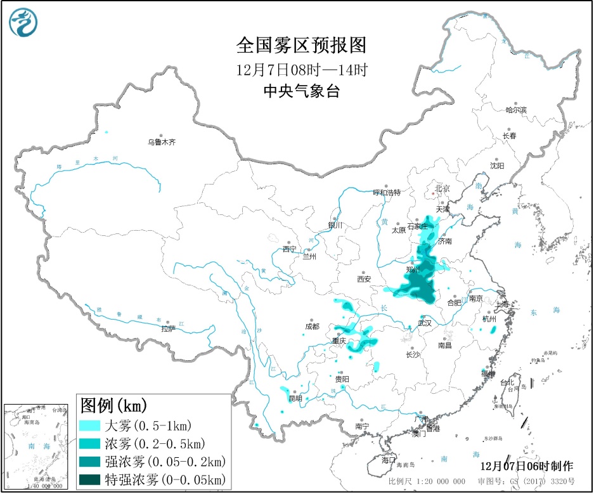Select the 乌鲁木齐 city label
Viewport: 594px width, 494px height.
click(161, 143)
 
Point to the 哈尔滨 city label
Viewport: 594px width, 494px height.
click(515, 110)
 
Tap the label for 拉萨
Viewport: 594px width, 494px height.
click(167, 328)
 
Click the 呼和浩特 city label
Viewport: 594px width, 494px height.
click(386, 192)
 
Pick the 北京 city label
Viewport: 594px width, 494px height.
click(442, 188)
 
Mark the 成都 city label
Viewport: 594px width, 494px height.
click(312, 326)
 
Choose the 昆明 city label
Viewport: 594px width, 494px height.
click(295, 398)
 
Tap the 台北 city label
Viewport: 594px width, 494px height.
click(508, 383)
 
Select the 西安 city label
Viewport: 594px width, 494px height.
click(363, 278)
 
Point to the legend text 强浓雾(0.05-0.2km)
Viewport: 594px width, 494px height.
click(164, 460)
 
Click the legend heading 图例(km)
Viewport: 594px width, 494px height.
click(113, 404)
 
